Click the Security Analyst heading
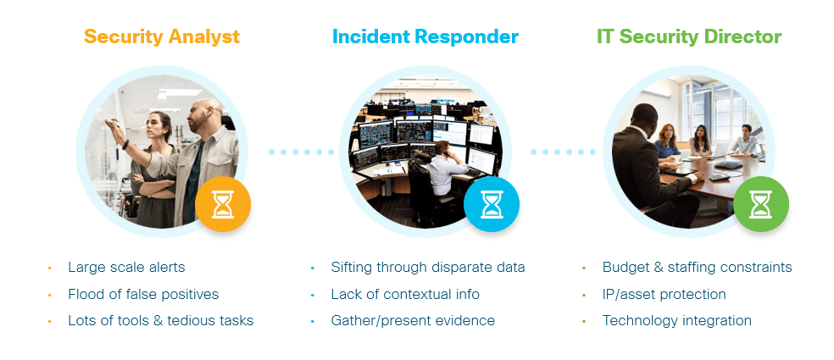click(161, 37)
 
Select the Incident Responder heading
click(425, 37)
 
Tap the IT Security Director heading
click(688, 37)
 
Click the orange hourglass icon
click(223, 204)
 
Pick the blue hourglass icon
click(492, 204)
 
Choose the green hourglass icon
click(761, 204)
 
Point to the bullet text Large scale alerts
click(126, 268)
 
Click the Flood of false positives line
click(143, 295)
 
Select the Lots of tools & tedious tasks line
click(161, 321)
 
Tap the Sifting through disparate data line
click(428, 268)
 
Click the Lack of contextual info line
click(405, 295)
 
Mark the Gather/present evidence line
click(413, 321)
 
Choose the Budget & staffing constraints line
click(697, 268)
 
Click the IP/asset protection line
click(664, 295)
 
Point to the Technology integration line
click(676, 321)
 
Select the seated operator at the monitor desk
click(443, 165)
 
